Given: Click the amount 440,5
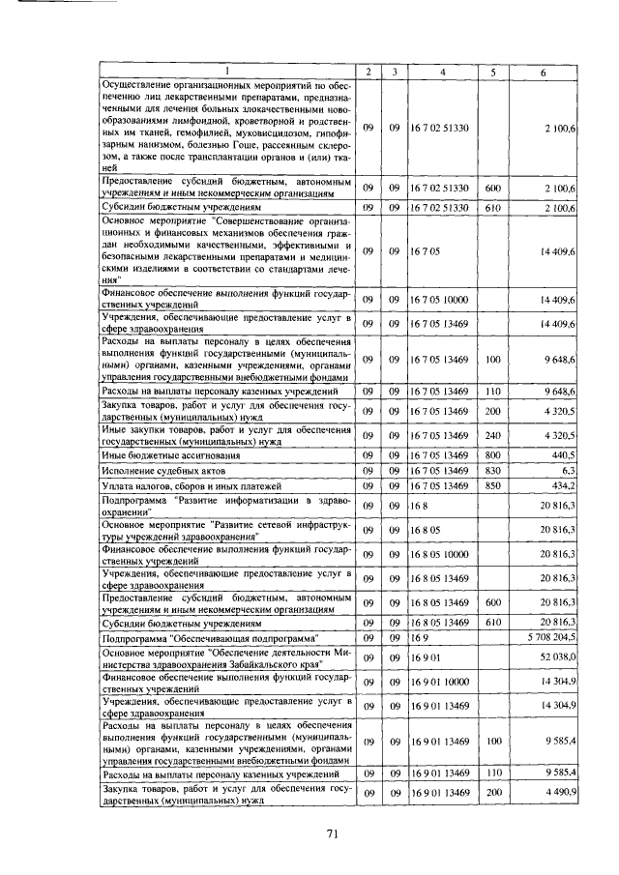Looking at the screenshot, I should tap(564, 453).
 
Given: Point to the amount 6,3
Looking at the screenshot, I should tap(569, 469).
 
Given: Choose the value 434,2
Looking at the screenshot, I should tap(564, 484).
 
